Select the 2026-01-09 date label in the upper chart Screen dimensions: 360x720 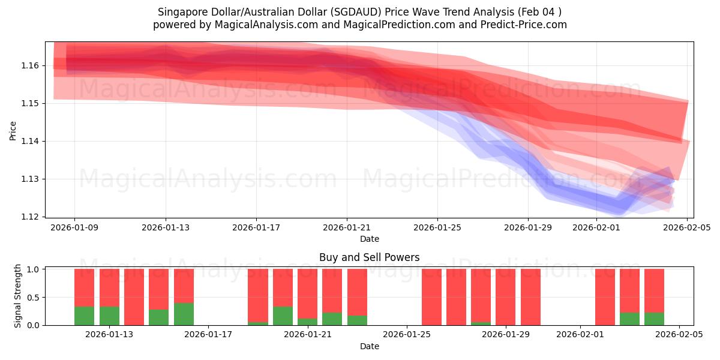(75, 227)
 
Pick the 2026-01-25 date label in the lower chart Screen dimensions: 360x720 (407, 335)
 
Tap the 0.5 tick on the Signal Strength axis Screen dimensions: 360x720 (32, 297)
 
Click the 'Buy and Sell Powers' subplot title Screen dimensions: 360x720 (369, 257)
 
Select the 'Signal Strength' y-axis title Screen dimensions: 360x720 (18, 296)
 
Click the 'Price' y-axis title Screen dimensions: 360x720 (13, 130)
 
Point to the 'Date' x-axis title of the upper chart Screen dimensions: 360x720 (369, 239)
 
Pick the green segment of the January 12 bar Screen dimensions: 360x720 (84, 316)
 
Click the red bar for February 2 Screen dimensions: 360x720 (605, 297)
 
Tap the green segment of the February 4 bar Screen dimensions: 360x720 (654, 319)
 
